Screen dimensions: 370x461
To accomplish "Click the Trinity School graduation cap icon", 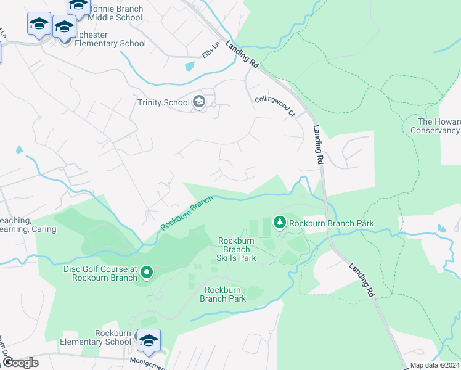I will [198, 102].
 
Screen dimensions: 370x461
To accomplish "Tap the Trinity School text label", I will [163, 102].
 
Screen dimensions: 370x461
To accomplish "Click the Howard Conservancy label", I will [435, 126].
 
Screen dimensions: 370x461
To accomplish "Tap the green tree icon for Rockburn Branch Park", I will [279, 223].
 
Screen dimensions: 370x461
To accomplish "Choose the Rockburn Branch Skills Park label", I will [237, 249].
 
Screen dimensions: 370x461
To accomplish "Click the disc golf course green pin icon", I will [147, 272].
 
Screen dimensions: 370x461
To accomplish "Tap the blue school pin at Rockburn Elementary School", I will [149, 340].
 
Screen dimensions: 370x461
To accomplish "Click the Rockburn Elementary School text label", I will [96, 337].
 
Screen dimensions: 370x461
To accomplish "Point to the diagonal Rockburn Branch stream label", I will [187, 213].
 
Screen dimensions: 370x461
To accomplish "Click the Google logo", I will [20, 363].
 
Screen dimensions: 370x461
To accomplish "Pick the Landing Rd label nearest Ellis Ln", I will [242, 54].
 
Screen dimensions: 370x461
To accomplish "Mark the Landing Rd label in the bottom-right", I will [362, 281].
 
